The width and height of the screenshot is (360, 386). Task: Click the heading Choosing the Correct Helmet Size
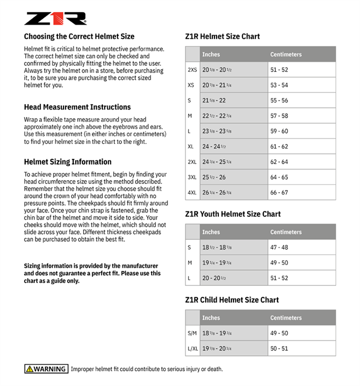click(79, 37)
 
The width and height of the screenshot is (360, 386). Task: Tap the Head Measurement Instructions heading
click(77, 107)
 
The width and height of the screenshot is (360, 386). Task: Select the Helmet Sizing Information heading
click(67, 162)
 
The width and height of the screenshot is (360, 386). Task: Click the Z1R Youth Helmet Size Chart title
click(233, 214)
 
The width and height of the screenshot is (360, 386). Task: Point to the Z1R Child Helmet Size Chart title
click(232, 300)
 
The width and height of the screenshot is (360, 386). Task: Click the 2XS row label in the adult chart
click(192, 70)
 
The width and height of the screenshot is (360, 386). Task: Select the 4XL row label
click(192, 193)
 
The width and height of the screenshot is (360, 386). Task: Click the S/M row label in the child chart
click(192, 333)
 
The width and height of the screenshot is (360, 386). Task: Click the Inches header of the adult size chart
click(211, 54)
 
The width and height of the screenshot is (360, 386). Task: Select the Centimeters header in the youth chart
click(286, 232)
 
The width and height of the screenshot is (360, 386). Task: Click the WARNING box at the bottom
click(46, 369)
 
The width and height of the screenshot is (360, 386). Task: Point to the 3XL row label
click(192, 177)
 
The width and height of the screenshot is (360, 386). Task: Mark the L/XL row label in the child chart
click(192, 348)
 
